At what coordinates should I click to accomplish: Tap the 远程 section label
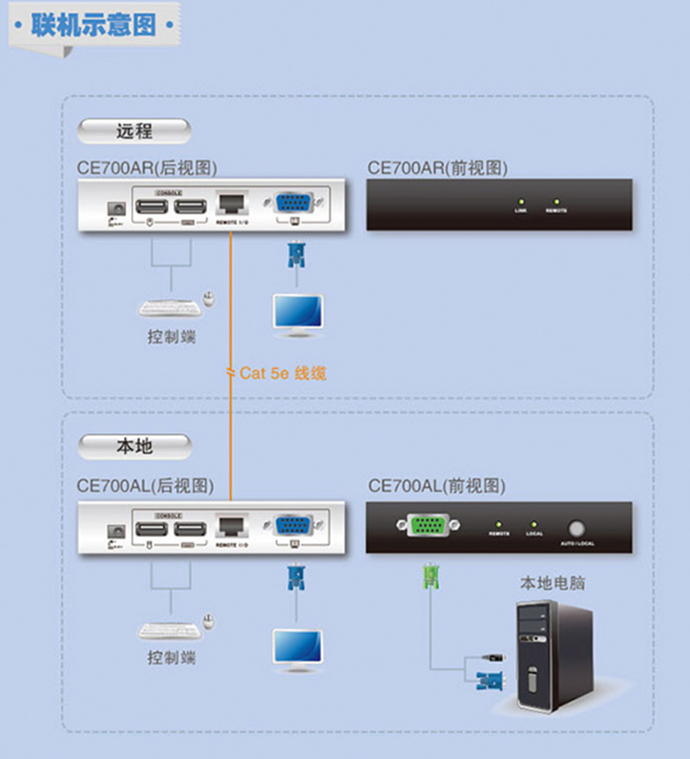tap(134, 132)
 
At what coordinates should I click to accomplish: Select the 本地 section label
tap(134, 446)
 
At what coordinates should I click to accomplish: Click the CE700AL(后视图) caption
tap(145, 486)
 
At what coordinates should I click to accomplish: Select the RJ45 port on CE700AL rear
tap(231, 527)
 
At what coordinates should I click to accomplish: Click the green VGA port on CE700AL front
tap(426, 525)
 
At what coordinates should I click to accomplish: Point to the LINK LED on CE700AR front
tap(521, 202)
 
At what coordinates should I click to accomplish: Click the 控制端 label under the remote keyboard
tap(171, 336)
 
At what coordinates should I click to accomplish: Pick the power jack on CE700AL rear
tap(114, 530)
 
